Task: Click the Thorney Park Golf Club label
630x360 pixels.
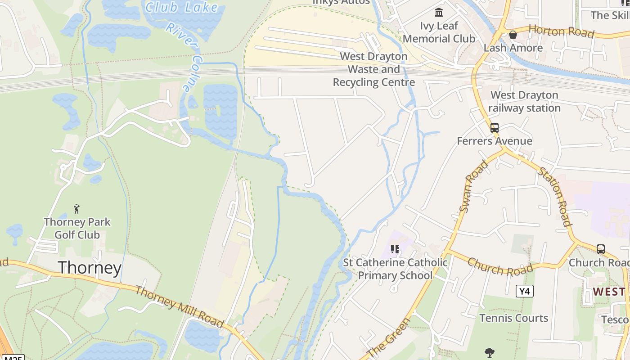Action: point(77,228)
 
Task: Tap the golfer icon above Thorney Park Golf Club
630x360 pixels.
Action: point(77,209)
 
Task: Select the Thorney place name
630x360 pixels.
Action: point(90,268)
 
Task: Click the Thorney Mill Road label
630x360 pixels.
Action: point(180,307)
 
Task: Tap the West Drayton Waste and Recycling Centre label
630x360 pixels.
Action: point(373,69)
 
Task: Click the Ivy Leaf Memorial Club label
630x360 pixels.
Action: point(439,32)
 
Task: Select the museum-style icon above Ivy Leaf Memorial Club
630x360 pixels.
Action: point(439,12)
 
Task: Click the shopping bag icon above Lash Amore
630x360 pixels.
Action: point(513,35)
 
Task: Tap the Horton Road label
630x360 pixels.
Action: point(561,31)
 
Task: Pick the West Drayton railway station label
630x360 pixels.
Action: point(524,102)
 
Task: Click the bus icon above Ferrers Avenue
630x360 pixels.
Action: point(495,128)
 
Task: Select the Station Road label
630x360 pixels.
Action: point(555,197)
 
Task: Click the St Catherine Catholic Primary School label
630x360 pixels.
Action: point(395,269)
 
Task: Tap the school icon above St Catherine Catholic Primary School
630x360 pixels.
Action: point(395,249)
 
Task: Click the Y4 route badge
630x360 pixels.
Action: point(524,292)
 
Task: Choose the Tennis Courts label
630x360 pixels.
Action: point(513,318)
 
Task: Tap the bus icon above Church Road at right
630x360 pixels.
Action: point(600,249)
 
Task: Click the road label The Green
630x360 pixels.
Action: point(389,337)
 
